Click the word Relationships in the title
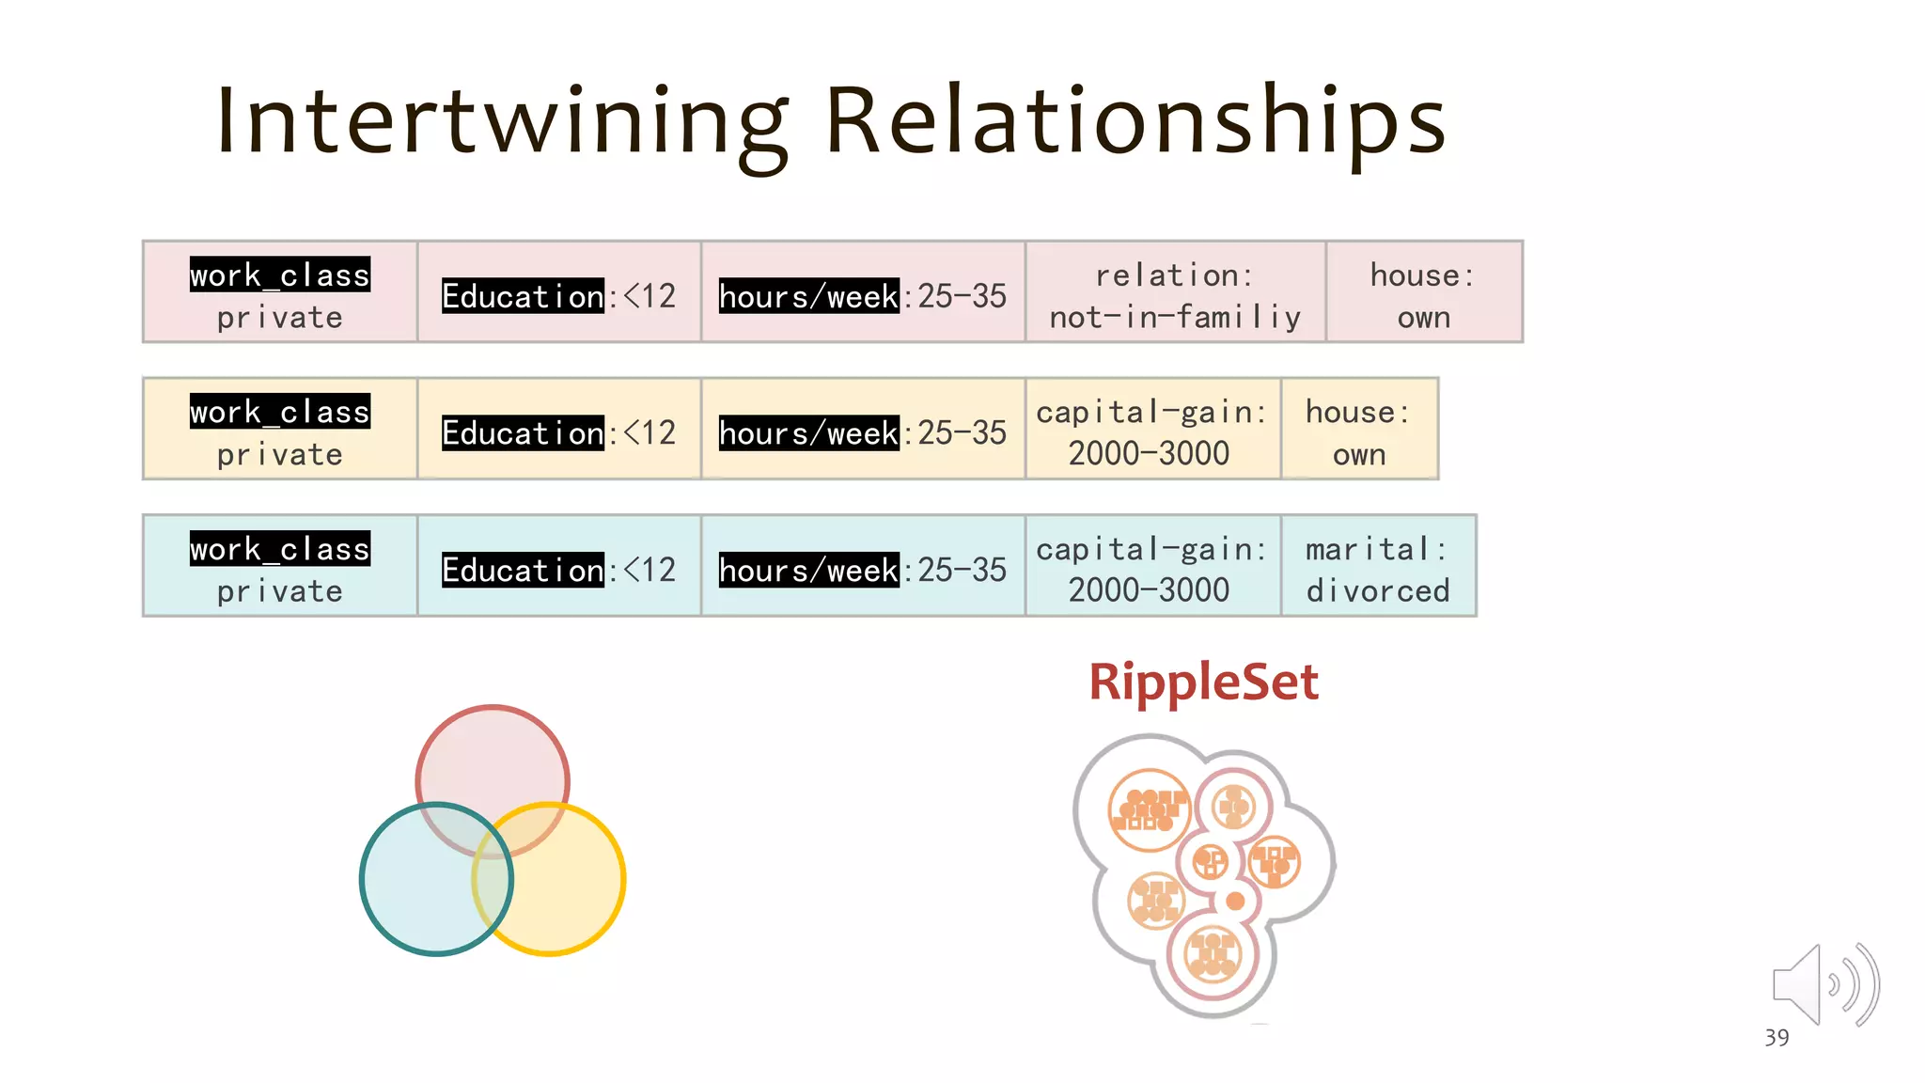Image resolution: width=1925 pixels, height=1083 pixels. coord(1135,122)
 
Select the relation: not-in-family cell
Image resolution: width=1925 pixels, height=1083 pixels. coord(1175,295)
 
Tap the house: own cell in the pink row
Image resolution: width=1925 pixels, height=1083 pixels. coord(1423,295)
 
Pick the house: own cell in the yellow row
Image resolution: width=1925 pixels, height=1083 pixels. coord(1358,432)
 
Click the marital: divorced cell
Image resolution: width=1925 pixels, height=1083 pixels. coord(1377,569)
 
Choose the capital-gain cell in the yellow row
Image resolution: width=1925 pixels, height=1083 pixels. coord(1150,432)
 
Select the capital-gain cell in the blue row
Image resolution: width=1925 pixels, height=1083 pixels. coord(1150,569)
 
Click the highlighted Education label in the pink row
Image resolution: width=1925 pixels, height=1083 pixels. coord(523,296)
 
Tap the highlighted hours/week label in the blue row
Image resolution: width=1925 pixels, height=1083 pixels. coord(808,570)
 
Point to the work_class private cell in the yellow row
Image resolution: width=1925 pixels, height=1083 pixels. coord(280,432)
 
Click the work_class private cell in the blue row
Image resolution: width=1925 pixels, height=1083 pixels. coord(280,569)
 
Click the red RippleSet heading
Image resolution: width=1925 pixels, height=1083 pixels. coord(1203,682)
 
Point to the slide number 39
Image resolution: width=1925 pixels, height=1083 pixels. coord(1776,1038)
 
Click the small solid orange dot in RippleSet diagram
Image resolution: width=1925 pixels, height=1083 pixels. coord(1235,902)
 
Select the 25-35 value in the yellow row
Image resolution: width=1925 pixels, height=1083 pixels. coord(962,432)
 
